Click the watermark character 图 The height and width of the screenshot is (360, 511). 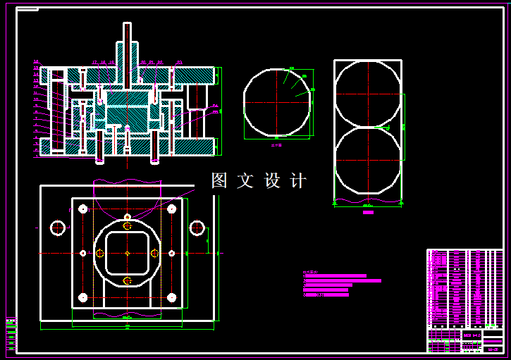tap(220, 181)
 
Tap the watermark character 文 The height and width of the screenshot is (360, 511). tap(245, 181)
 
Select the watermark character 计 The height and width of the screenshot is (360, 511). tap(298, 181)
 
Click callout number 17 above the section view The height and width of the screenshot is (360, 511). tap(94, 62)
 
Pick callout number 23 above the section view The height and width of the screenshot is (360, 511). tap(179, 62)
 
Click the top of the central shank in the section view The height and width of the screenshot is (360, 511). tap(127, 25)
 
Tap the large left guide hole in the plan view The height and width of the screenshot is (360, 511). tap(57, 228)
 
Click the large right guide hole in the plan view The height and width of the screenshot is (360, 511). tap(197, 228)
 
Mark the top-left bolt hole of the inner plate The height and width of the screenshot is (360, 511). tap(83, 209)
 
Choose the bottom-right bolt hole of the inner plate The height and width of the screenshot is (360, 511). tap(171, 297)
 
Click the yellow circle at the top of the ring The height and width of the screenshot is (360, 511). tap(127, 225)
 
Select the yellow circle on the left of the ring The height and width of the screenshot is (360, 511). tap(100, 253)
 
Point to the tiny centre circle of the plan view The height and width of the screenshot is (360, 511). tap(127, 253)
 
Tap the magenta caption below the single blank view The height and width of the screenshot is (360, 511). tap(276, 145)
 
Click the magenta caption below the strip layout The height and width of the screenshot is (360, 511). tap(368, 211)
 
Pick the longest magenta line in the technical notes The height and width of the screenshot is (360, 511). tap(342, 280)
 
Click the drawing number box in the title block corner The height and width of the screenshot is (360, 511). tap(493, 349)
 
